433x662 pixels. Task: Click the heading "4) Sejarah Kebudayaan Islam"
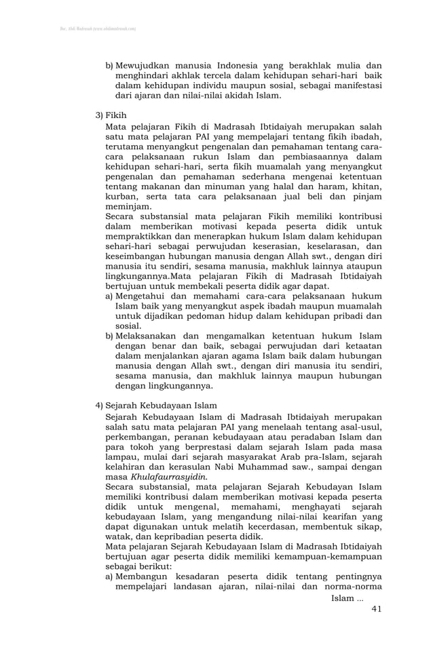[x=156, y=406]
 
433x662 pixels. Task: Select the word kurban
[x=122, y=197]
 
